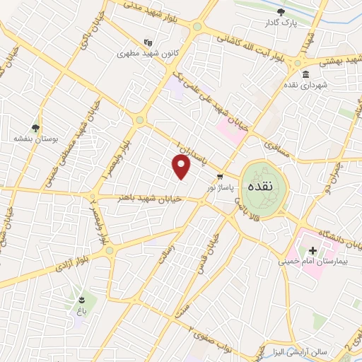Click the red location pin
[x=182, y=167]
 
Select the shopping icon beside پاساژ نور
[x=221, y=176]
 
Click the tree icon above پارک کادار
[x=282, y=11]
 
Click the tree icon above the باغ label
[x=82, y=298]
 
